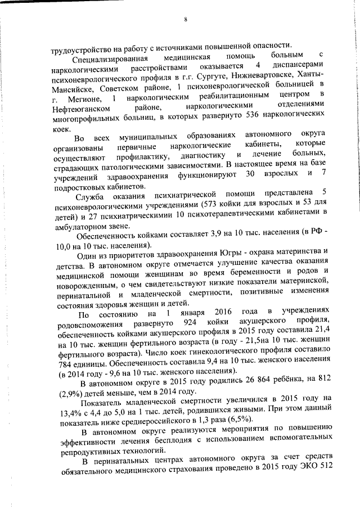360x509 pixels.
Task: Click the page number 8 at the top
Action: pyautogui.click(x=185, y=21)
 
